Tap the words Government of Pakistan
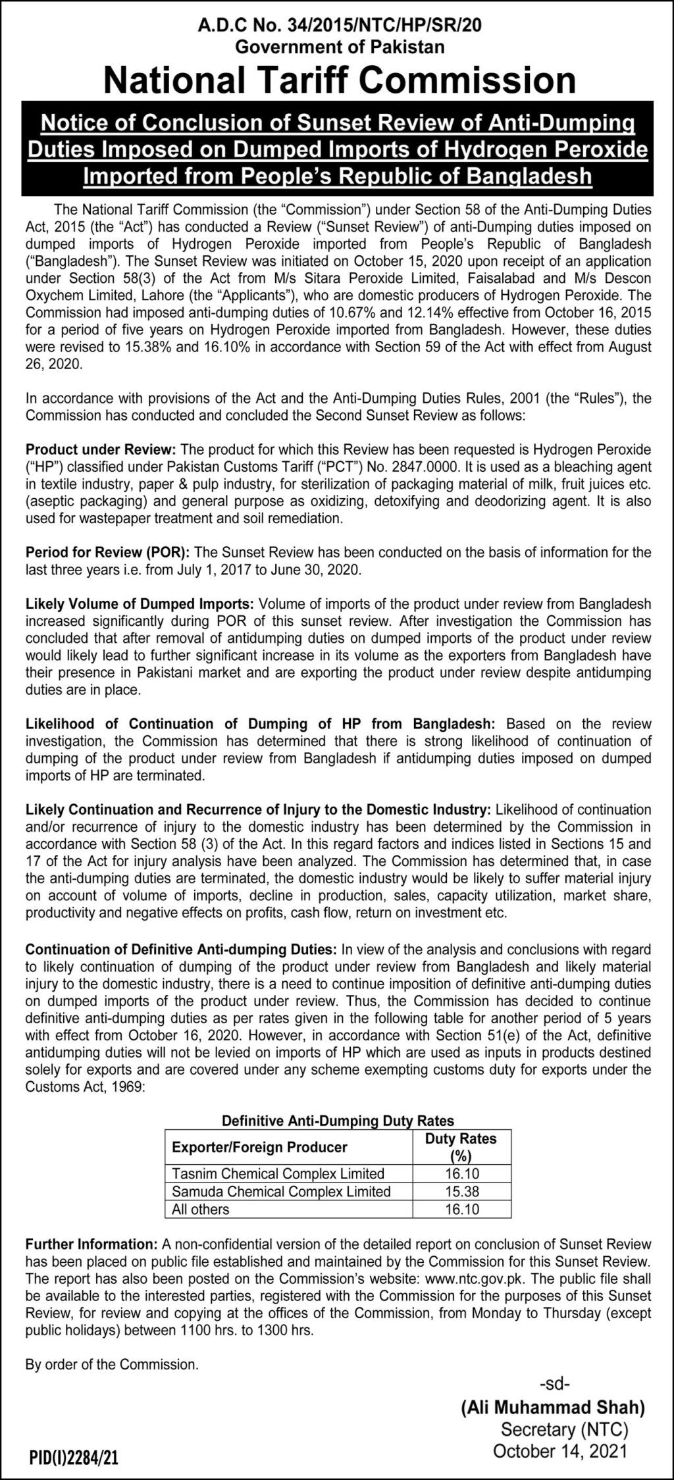pyautogui.click(x=340, y=47)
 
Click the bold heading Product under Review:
pyautogui.click(x=101, y=449)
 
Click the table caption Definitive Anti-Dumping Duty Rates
pyautogui.click(x=338, y=1120)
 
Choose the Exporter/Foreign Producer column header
pyautogui.click(x=259, y=1147)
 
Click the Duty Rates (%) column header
pyautogui.click(x=461, y=1147)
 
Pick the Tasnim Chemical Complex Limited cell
pyautogui.click(x=278, y=1173)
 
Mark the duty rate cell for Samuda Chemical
pyautogui.click(x=461, y=1191)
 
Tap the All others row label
pyautogui.click(x=201, y=1209)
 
